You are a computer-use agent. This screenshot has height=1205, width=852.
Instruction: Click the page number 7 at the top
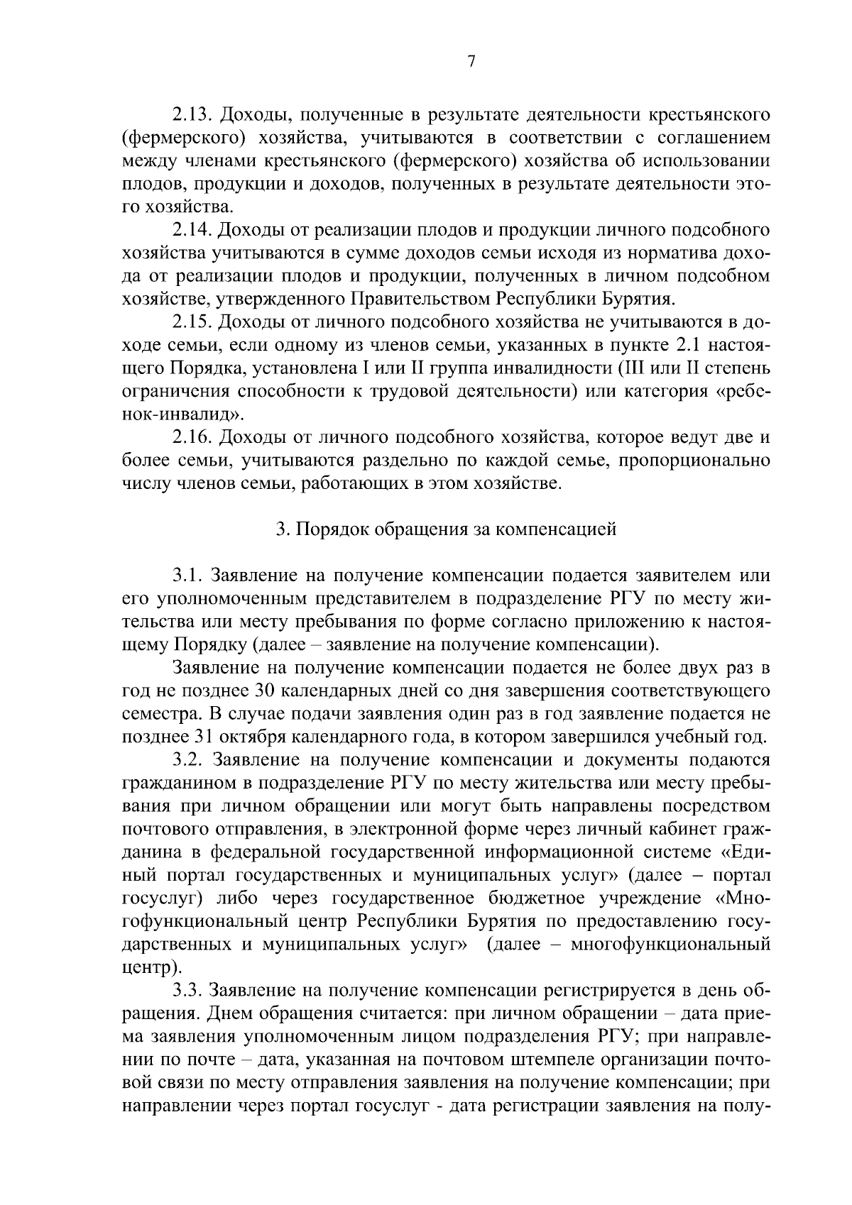[x=471, y=62]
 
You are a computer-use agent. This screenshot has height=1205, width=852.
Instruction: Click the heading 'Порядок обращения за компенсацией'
[x=454, y=529]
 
